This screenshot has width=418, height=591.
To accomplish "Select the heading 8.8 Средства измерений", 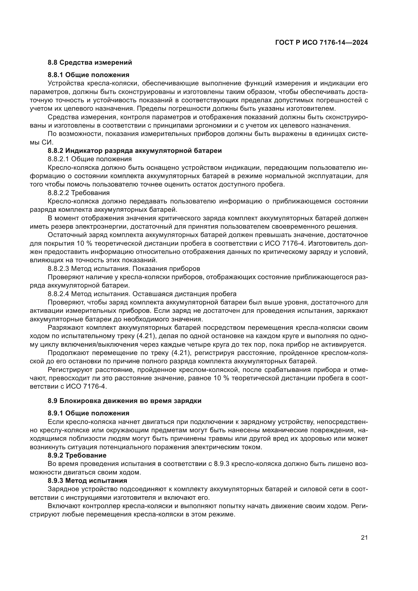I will (x=90, y=62).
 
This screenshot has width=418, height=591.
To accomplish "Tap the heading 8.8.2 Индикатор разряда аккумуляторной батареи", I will (x=135, y=151).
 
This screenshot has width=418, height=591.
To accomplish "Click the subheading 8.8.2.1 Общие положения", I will (x=89, y=159).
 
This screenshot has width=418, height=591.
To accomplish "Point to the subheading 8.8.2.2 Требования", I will (x=79, y=193).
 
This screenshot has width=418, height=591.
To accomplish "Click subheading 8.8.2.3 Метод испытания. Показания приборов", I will (x=124, y=269).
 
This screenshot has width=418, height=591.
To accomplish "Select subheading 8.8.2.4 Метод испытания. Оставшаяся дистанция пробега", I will (x=142, y=294).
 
